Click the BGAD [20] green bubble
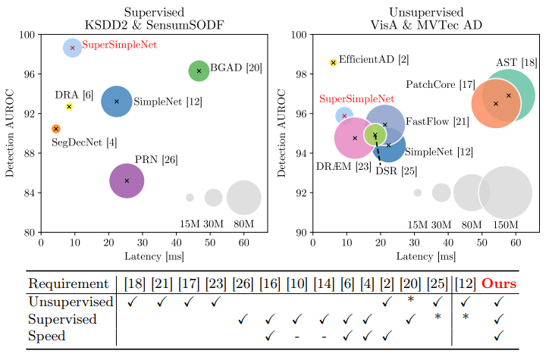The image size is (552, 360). [199, 70]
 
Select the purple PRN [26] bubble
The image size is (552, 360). [127, 180]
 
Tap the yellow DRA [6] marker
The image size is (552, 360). [69, 107]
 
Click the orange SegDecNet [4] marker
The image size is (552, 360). [56, 129]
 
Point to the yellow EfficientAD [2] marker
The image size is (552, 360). [333, 63]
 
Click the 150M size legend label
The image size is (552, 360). [505, 224]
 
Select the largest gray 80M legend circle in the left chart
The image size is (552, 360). [243, 198]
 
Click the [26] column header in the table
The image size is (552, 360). [243, 283]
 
